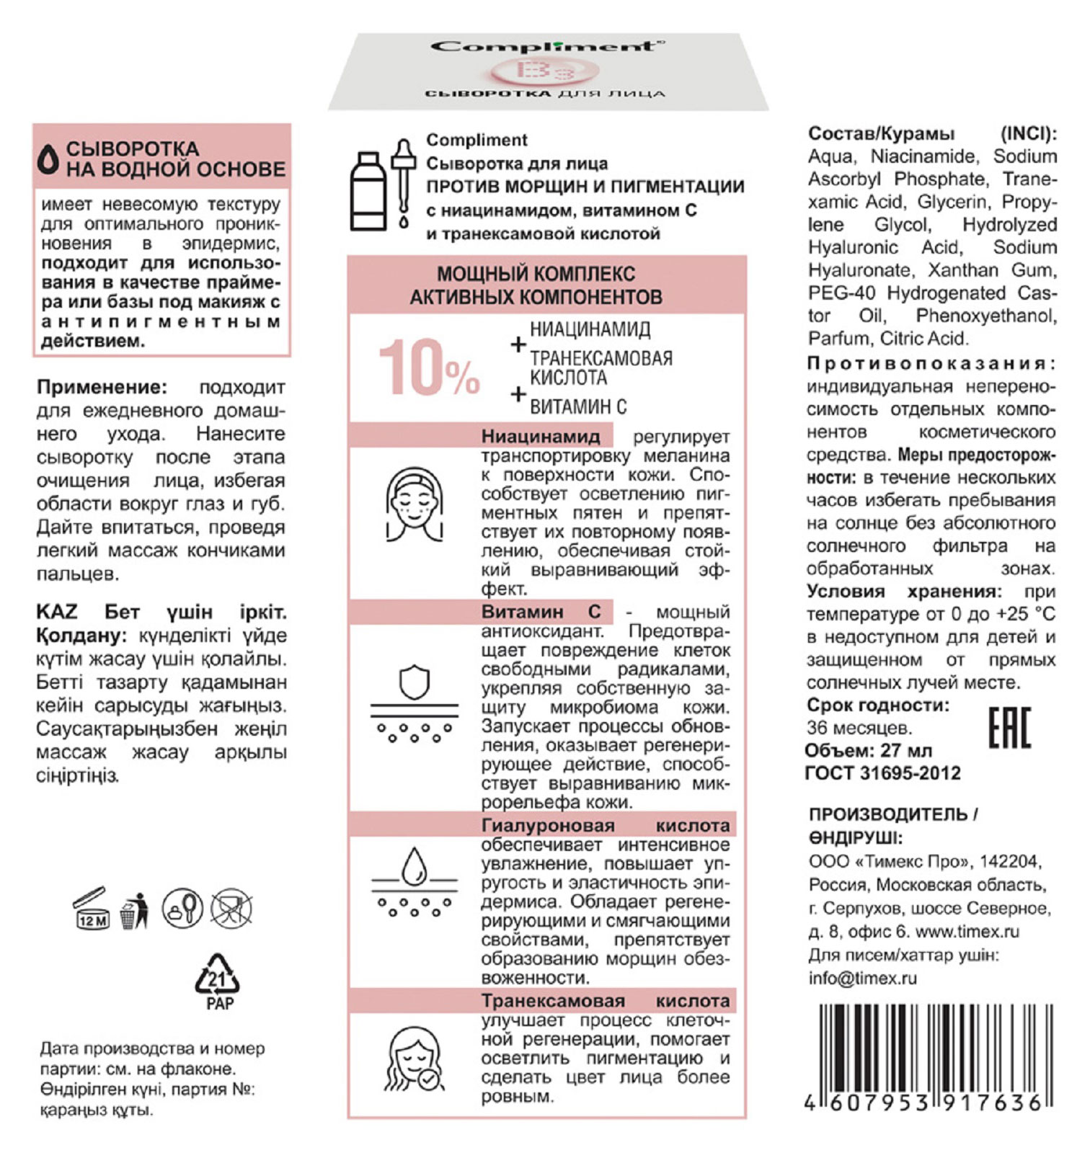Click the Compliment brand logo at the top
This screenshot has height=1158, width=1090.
click(x=547, y=48)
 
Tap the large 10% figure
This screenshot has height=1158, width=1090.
click(x=429, y=368)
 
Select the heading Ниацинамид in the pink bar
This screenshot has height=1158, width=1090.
click(x=541, y=436)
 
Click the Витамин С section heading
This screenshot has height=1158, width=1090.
click(x=541, y=612)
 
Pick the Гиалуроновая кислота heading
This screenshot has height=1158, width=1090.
click(x=606, y=825)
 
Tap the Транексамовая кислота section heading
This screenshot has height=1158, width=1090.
click(x=606, y=1001)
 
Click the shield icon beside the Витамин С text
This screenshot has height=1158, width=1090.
click(x=415, y=683)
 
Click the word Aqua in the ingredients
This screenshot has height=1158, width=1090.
click(x=830, y=156)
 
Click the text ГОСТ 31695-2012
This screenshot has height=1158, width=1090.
click(x=883, y=773)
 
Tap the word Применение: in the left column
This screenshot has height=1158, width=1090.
click(x=102, y=387)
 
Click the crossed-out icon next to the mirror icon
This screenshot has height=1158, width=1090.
click(x=231, y=907)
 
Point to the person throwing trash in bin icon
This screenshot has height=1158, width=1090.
click(x=134, y=910)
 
